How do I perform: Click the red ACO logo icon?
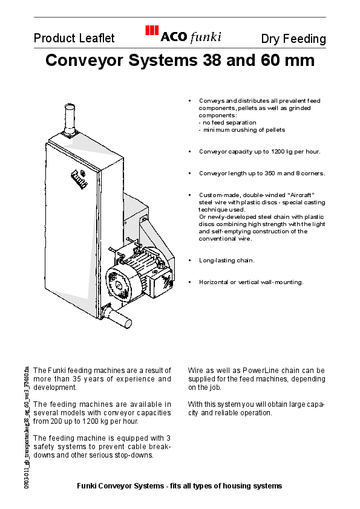point(151,32)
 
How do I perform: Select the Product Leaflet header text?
point(74,39)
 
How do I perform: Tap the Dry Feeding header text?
point(293,39)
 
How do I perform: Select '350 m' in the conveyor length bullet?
point(272,173)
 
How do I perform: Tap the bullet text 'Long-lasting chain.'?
point(227,261)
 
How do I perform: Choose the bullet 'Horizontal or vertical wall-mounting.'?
point(251,282)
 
